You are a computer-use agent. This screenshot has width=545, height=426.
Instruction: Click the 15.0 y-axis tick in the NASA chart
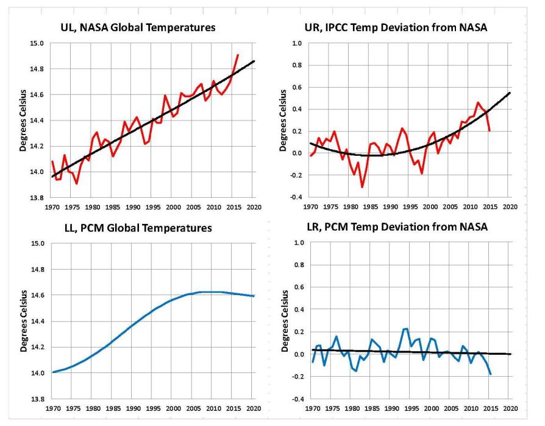click(37, 44)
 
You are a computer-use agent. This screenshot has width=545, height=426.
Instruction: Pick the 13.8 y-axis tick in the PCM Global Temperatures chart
click(37, 399)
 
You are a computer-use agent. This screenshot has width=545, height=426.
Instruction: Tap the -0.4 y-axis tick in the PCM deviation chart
click(299, 399)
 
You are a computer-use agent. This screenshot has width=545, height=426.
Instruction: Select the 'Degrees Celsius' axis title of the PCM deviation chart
click(285, 321)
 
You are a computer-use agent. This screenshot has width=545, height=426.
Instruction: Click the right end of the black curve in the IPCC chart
click(510, 93)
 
